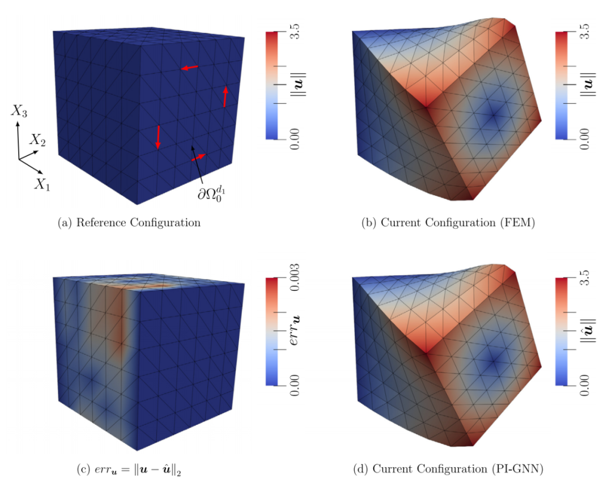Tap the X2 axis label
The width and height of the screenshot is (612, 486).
[x=38, y=140]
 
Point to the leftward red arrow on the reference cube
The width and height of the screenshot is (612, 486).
[x=190, y=68]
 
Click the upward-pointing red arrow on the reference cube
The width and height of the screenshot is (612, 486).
[x=225, y=96]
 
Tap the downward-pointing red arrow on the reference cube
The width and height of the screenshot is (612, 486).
[x=158, y=137]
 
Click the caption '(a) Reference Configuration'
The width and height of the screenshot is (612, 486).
[x=129, y=223]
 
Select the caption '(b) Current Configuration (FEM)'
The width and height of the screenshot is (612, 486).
[x=448, y=223]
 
